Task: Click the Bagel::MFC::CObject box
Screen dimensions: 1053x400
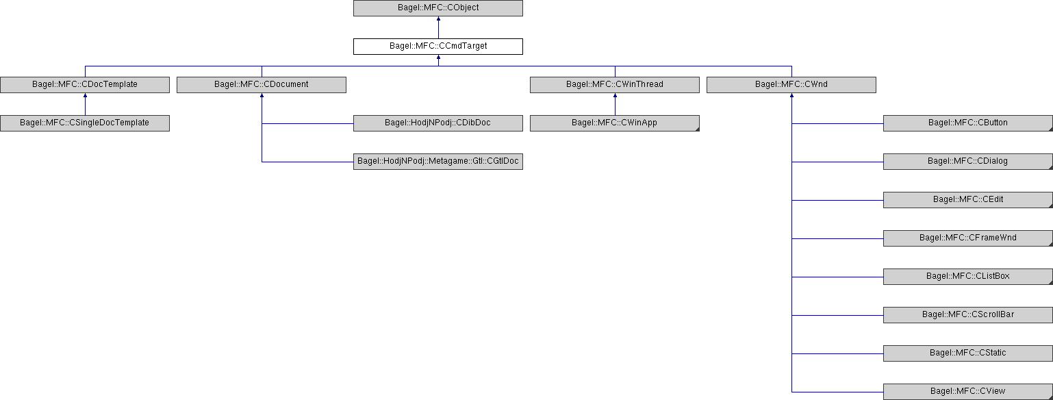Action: point(438,8)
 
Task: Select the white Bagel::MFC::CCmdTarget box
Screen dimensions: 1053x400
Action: point(438,47)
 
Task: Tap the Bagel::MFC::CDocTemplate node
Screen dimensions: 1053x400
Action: point(85,85)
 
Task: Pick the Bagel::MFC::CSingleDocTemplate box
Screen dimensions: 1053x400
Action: point(85,123)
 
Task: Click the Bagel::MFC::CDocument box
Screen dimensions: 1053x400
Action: point(262,85)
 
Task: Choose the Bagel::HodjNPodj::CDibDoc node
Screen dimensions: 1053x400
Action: point(438,123)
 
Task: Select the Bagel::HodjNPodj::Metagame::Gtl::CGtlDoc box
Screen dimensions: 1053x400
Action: point(438,161)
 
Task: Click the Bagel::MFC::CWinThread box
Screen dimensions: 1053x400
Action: point(615,85)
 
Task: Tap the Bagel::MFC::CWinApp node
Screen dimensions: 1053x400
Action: point(615,123)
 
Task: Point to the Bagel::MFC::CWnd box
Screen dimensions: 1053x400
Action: point(791,85)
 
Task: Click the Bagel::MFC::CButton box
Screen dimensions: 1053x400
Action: point(968,123)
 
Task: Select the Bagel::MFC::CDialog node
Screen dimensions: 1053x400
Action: point(968,161)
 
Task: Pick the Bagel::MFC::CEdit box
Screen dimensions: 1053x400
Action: point(968,200)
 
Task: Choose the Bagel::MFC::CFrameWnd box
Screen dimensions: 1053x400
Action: point(968,238)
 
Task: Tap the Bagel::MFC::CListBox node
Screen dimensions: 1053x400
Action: point(968,277)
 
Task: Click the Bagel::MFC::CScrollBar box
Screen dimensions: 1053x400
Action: point(968,315)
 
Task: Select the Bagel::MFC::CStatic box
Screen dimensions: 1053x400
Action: point(968,353)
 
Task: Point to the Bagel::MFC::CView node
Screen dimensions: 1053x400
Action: point(968,392)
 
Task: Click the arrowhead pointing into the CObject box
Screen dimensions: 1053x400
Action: point(439,18)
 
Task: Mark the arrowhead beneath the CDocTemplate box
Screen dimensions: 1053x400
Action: point(85,95)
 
